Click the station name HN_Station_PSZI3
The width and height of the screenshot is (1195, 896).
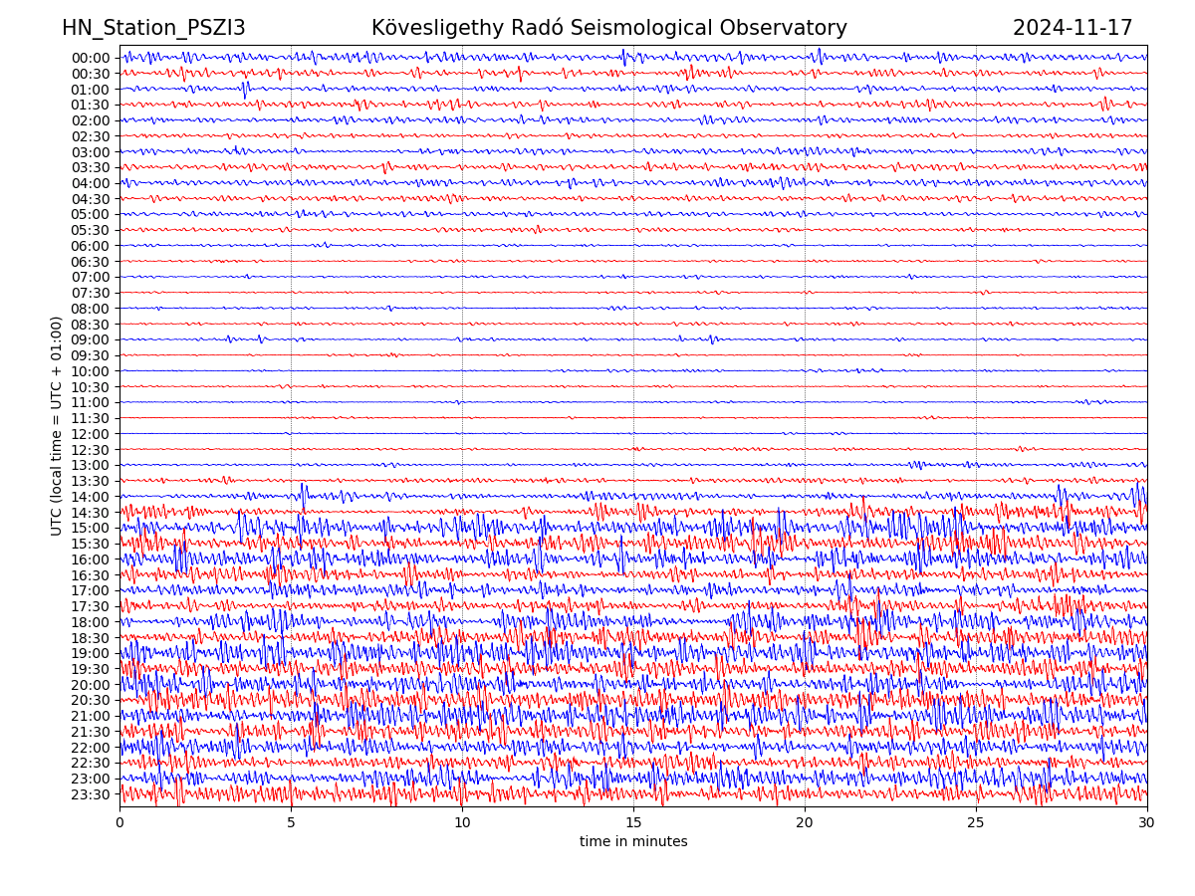153,28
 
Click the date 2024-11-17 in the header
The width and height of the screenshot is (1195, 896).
1073,28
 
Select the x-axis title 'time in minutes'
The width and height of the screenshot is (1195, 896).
633,841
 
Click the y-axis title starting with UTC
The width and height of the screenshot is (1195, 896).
57,425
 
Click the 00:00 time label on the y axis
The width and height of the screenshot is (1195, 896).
91,58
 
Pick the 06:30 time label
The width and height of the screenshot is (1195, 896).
91,262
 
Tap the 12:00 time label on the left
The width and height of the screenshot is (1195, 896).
91,434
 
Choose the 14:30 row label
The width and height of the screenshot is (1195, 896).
91,513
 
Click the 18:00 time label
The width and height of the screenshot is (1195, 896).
91,622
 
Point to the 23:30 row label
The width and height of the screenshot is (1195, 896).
91,794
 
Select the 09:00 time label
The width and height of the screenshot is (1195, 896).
91,340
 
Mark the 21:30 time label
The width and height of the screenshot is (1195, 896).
91,732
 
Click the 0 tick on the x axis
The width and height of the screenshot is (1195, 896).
119,823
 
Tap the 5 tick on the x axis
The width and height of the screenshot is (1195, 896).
291,823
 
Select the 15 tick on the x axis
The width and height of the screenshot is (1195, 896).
633,823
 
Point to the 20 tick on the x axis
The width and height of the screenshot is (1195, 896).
805,823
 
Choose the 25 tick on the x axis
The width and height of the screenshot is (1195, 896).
976,823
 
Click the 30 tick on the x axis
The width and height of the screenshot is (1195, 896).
1147,823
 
